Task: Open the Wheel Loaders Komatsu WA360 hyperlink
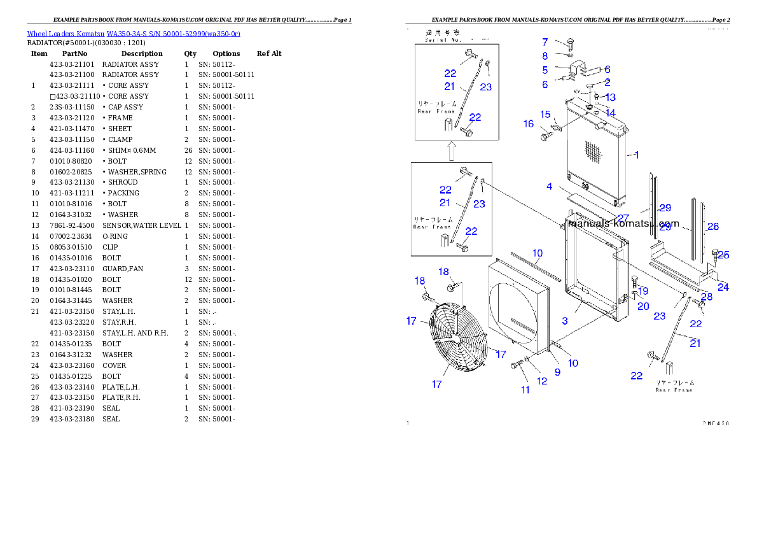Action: [134, 34]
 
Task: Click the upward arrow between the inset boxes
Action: [451, 152]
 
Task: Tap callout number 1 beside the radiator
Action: [637, 155]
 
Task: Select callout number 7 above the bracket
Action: [545, 42]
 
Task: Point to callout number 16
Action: [529, 124]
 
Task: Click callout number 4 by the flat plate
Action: [549, 187]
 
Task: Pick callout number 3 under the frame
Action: [564, 320]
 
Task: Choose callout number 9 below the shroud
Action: [557, 372]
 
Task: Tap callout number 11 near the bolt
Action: [525, 390]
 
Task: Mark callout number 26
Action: [713, 227]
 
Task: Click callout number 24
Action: [723, 287]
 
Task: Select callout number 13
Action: [610, 97]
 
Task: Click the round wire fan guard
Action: [457, 337]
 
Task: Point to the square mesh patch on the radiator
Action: [592, 151]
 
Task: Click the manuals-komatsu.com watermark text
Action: [623, 223]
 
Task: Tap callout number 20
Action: [643, 306]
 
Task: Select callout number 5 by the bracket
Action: [545, 70]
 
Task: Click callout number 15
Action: [546, 114]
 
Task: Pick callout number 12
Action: [542, 381]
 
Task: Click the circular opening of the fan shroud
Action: [514, 306]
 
